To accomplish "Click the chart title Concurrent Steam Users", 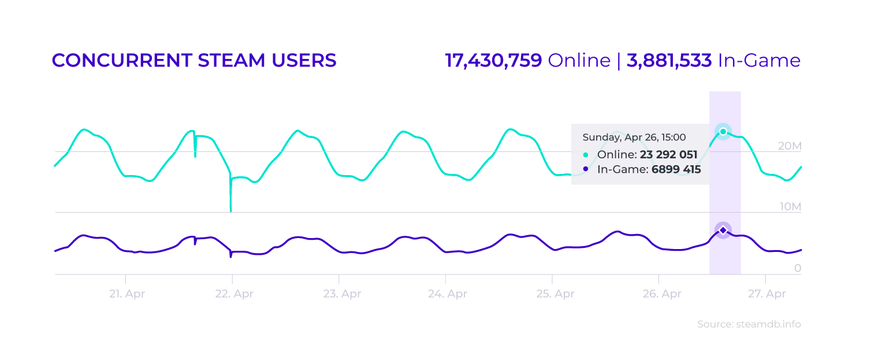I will coord(194,61).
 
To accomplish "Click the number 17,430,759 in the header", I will coord(493,61).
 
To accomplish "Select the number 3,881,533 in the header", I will coord(669,61).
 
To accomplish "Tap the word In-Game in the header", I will coord(759,61).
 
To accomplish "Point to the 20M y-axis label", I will coord(789,146).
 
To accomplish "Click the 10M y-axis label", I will coord(789,207).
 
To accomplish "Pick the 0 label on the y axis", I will coord(797,268).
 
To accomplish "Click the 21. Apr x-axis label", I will coord(126,294).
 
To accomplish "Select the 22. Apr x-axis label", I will coord(233,294).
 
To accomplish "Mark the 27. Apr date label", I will coord(766,294).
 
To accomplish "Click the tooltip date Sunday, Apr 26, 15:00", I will coord(634,138).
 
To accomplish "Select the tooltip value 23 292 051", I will coord(668,155).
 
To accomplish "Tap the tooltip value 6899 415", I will coord(676,170).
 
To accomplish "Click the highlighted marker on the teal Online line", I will coord(723,132).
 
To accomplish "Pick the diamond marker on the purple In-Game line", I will coord(723,231).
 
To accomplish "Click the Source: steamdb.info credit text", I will coord(749,324).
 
